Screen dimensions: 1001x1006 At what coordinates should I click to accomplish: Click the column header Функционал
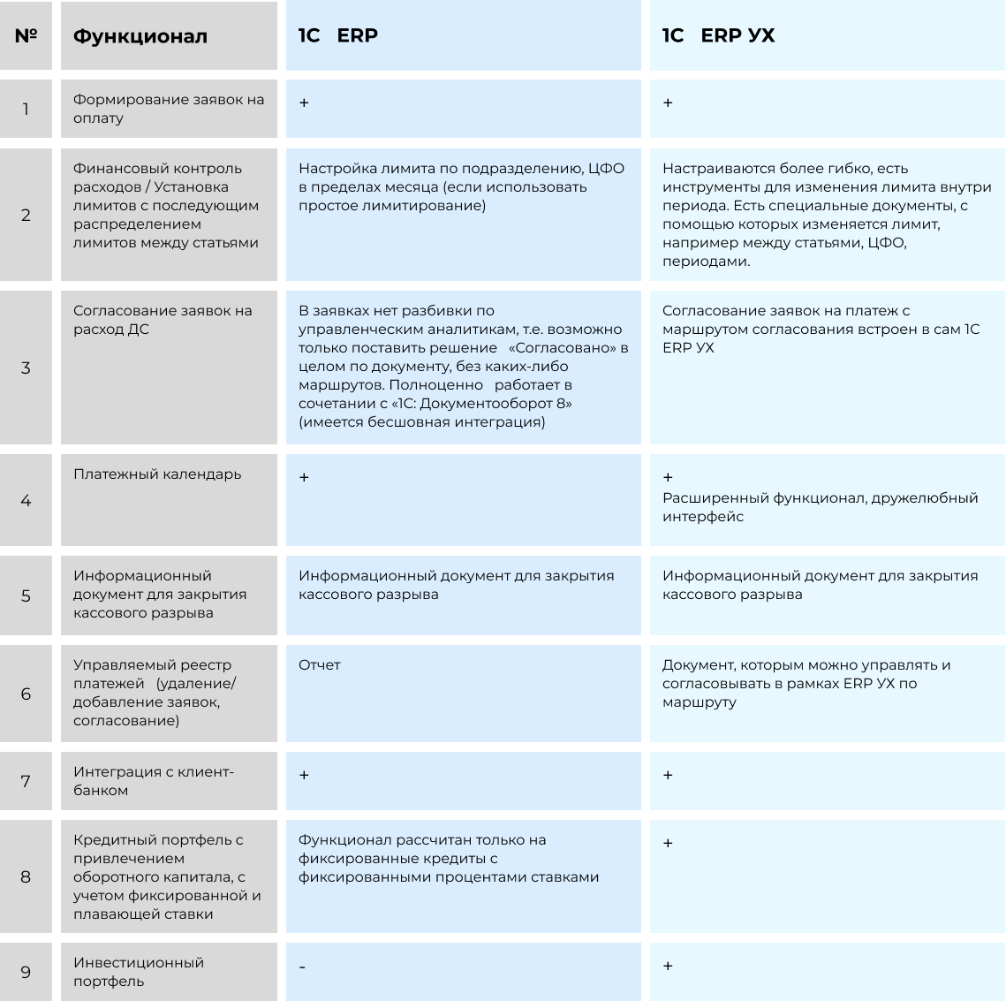140,36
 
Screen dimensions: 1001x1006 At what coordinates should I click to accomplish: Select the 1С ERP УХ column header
718,35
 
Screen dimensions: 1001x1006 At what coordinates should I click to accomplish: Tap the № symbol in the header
26,36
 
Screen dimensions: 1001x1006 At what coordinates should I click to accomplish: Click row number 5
26,595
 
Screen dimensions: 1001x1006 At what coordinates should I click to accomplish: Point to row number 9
26,973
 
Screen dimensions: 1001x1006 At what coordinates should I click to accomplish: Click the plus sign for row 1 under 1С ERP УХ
668,103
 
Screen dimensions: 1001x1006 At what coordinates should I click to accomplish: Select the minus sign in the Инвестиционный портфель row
302,967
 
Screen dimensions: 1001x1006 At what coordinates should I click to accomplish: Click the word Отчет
319,665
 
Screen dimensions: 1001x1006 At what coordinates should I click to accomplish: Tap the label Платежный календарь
157,474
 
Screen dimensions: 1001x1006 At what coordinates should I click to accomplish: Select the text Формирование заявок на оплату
168,109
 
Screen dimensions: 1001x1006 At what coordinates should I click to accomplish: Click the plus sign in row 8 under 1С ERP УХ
668,844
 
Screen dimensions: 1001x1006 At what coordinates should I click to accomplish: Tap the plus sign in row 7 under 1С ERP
304,776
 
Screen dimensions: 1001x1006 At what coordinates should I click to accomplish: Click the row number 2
26,216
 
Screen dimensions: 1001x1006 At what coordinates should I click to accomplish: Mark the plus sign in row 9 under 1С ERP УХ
668,967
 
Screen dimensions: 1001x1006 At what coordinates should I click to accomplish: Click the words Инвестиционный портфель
138,972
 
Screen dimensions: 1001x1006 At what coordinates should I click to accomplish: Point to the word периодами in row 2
706,262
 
